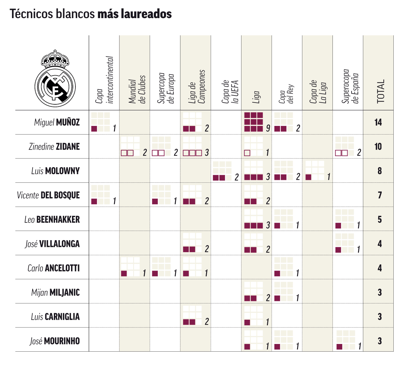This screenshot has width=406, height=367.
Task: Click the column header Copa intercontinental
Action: [104, 80]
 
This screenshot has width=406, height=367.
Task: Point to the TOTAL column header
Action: [380, 91]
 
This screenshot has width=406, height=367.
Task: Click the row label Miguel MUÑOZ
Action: [57, 123]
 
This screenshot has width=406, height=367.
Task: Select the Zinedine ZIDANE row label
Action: [54, 146]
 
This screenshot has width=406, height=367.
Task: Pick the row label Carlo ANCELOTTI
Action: [54, 268]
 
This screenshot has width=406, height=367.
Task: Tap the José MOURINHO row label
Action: [55, 341]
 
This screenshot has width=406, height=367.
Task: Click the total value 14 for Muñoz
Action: [378, 123]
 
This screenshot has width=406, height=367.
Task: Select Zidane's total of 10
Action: [378, 146]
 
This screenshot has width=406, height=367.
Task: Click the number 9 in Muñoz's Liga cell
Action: [268, 128]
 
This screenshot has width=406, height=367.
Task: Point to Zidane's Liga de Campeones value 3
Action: [207, 152]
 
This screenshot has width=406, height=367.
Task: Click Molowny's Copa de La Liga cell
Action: [317, 171]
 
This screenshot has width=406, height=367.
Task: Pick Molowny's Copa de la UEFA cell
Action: [226, 171]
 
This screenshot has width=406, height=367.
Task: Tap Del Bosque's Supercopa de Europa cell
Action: [165, 195]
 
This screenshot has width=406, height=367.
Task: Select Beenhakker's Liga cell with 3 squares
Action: [257, 219]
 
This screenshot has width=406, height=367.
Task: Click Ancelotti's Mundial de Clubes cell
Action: [134, 268]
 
